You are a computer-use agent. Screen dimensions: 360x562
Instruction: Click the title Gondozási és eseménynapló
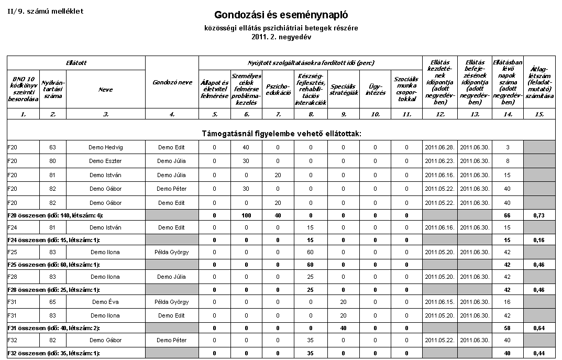281,15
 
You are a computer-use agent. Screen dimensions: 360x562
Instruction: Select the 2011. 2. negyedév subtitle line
281,37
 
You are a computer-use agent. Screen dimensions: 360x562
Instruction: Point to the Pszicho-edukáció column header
278,89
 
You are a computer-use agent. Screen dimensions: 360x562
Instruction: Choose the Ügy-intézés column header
375,89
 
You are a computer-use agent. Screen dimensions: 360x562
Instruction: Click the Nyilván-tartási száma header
53,89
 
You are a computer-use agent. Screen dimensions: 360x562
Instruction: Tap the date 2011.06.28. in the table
439,147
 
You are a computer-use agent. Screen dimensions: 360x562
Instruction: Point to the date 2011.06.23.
439,161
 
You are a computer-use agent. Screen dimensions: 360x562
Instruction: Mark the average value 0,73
539,215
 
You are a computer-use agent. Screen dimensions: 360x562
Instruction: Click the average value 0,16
539,240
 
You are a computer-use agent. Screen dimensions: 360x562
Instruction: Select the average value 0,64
539,328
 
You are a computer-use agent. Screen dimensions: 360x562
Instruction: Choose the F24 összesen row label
54,240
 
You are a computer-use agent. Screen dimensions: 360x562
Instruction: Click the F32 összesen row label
54,353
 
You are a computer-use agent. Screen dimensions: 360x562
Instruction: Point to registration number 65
53,302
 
